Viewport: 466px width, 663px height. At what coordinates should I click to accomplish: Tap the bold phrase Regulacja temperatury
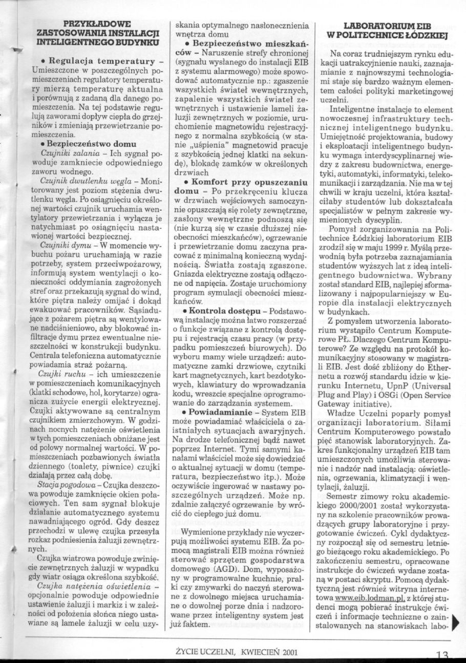tap(97, 61)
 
